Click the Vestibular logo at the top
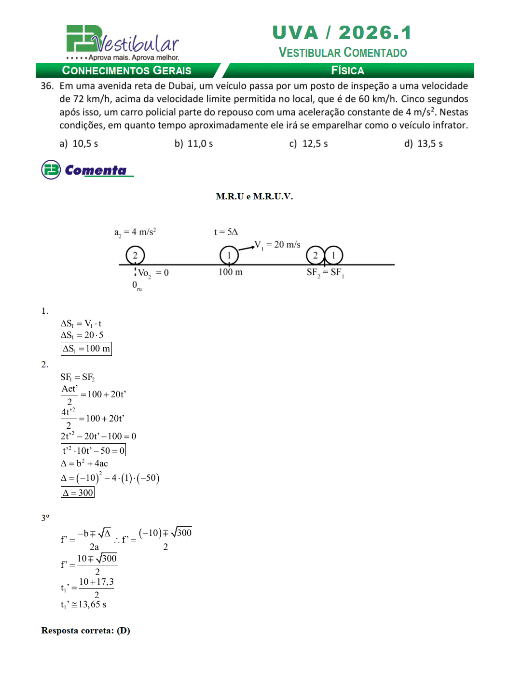point(123,42)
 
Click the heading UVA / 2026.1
point(342,33)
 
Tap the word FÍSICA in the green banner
point(347,70)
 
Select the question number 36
point(47,86)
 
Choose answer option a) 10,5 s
point(79,143)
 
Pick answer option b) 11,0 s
point(193,143)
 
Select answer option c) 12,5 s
point(308,143)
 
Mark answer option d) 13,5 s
point(423,143)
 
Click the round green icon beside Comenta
point(51,169)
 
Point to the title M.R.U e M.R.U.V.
point(254,196)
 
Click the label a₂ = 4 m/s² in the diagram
point(135,232)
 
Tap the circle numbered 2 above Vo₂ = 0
point(135,255)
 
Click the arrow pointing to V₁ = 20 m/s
point(247,248)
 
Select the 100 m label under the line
point(230,272)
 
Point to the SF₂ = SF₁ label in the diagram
point(325,272)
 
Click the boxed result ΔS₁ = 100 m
point(86,349)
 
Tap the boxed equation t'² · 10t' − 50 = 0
point(93,450)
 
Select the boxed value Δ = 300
point(78,492)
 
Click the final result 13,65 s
point(92,604)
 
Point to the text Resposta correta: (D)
point(85,631)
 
